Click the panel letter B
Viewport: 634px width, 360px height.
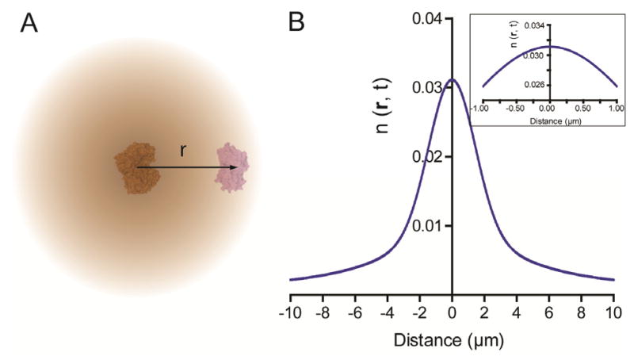coord(296,23)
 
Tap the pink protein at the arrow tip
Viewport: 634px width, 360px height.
coord(232,167)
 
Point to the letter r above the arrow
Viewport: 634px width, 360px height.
coord(183,151)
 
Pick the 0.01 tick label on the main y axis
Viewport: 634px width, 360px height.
coord(430,226)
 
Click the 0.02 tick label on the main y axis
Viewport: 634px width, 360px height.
coord(430,156)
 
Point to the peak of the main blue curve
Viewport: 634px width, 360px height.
coord(452,79)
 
